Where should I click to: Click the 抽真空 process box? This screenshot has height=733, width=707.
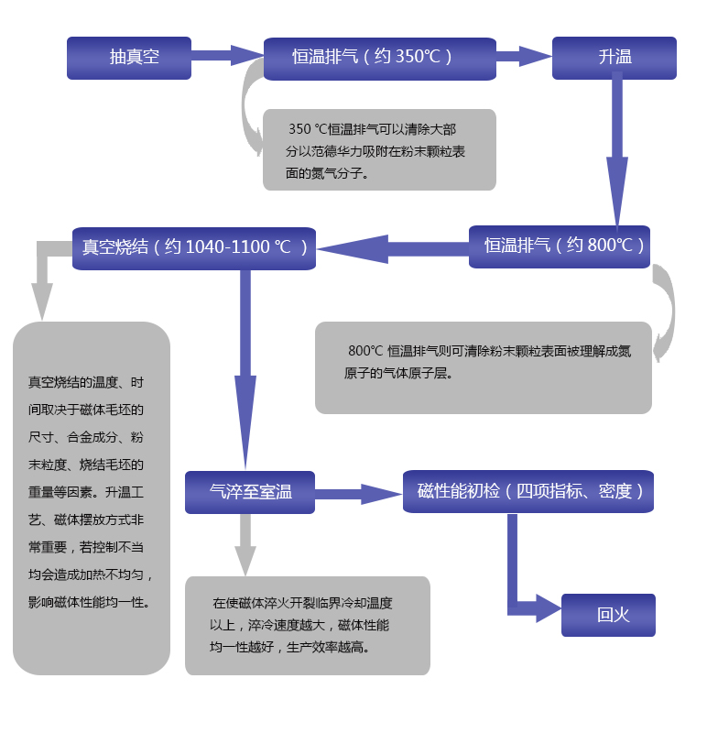click(129, 58)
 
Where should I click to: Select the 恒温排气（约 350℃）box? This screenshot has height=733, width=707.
click(379, 58)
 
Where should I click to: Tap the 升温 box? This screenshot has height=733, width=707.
click(614, 58)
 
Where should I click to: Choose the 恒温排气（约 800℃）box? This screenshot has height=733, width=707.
click(559, 246)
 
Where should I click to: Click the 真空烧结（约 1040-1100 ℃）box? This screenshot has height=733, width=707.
click(194, 248)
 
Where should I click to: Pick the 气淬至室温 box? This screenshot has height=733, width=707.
click(249, 492)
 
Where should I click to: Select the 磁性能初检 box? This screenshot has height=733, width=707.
click(528, 492)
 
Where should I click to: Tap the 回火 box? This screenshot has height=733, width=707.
click(608, 615)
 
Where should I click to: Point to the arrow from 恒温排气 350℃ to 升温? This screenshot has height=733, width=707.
click(524, 57)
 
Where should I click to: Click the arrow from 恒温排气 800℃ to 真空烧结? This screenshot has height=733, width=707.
click(394, 248)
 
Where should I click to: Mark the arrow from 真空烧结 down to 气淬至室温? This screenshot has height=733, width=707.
click(245, 366)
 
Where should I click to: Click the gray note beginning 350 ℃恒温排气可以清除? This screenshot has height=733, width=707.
click(379, 150)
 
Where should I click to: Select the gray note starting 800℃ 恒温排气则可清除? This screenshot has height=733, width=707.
click(483, 366)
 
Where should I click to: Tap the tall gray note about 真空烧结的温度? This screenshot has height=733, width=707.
click(92, 498)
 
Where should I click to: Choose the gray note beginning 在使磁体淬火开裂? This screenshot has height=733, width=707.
click(307, 625)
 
